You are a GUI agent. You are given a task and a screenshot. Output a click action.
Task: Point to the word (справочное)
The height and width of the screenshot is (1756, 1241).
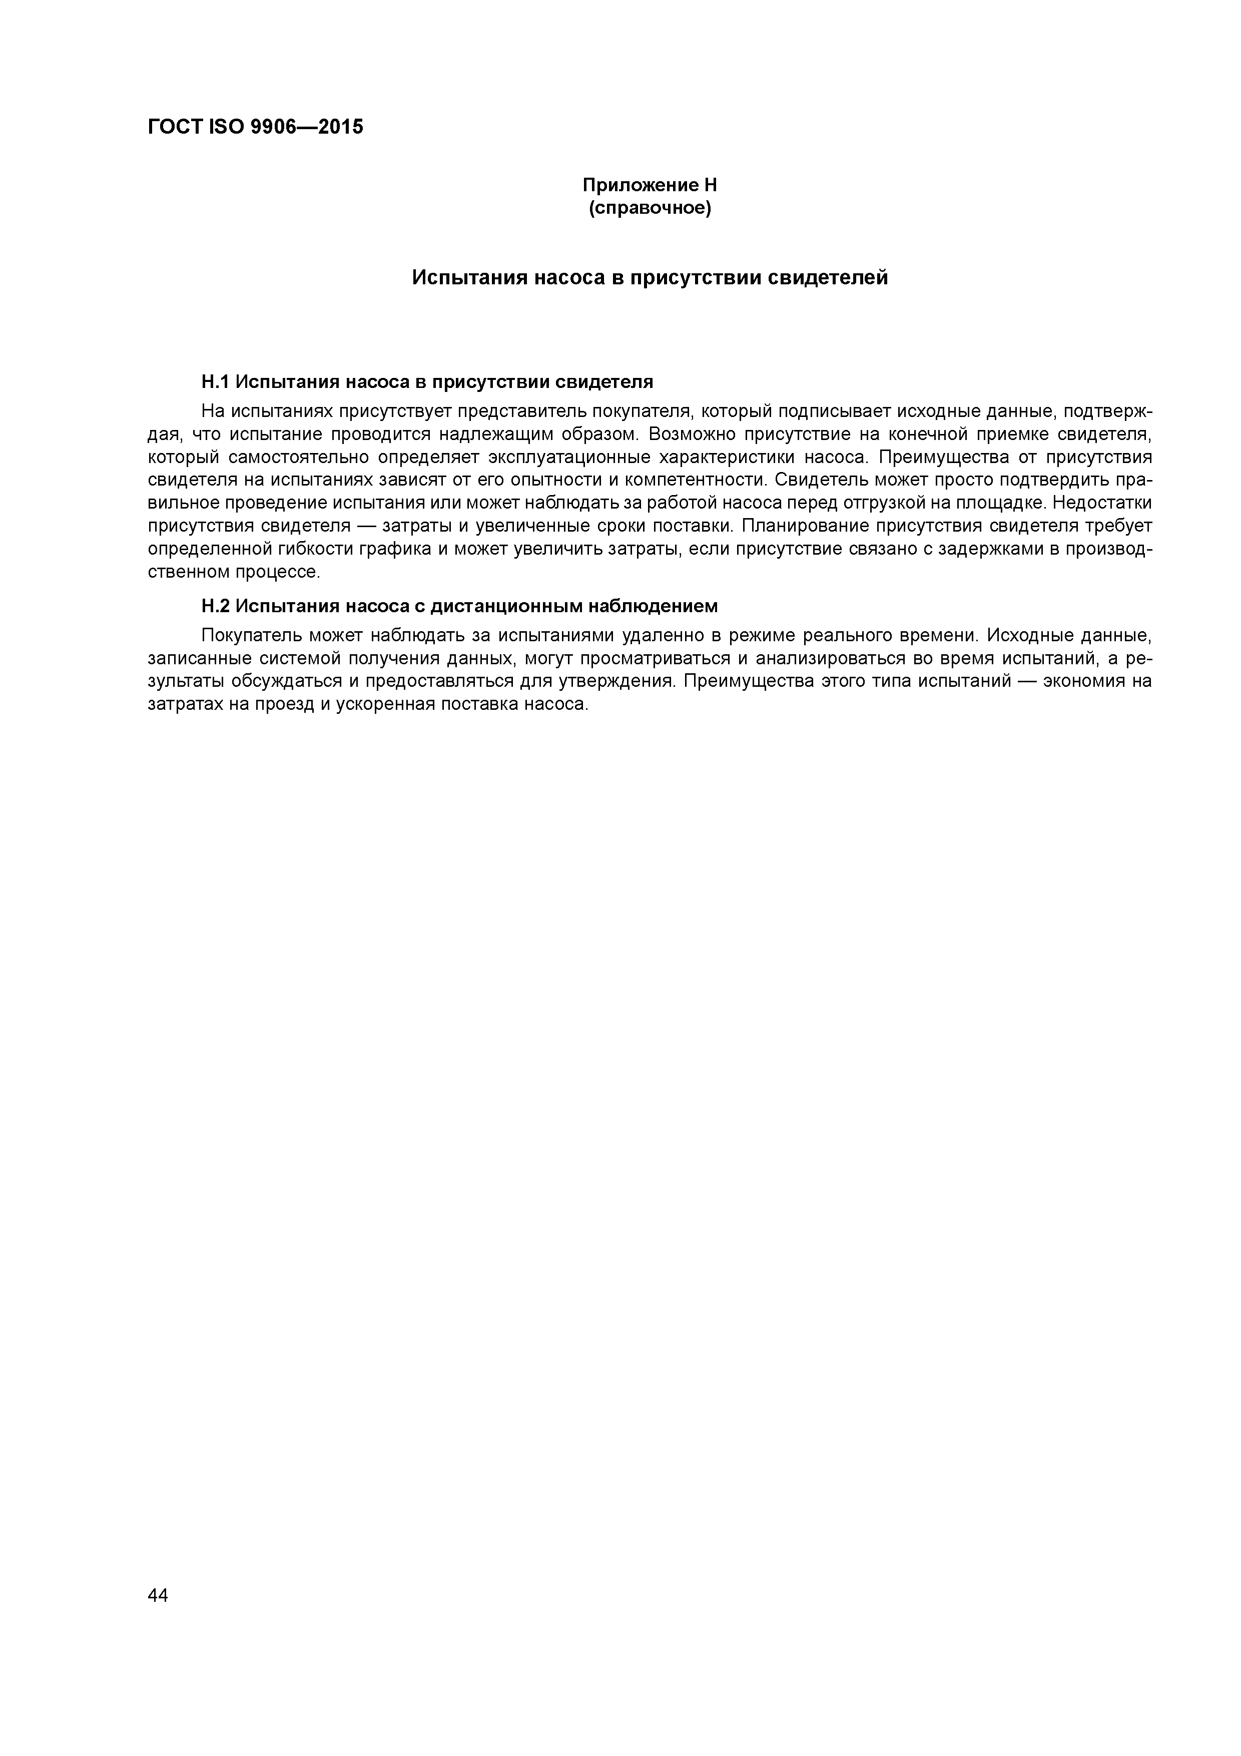pos(650,208)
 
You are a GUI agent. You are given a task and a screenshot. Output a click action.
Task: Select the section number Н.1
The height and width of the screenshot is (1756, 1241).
pos(215,381)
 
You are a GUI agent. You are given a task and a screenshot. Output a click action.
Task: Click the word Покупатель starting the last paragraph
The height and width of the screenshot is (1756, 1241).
pos(248,636)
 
